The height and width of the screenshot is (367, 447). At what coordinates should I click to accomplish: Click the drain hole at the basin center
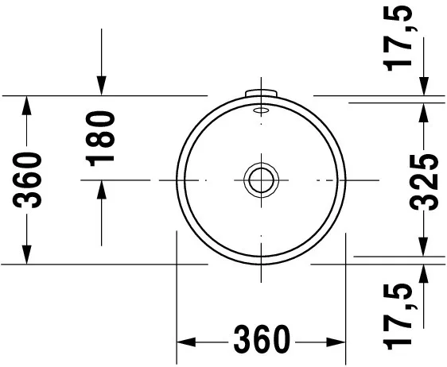point(260,180)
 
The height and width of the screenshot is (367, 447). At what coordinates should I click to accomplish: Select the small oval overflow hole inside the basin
point(260,112)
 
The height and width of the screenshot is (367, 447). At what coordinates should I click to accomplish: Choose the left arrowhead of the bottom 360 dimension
point(184,341)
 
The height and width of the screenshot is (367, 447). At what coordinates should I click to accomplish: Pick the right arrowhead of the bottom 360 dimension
point(338,341)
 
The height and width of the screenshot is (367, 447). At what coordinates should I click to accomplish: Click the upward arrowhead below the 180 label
point(102,189)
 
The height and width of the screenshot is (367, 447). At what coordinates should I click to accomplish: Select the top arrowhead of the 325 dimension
point(426,110)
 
